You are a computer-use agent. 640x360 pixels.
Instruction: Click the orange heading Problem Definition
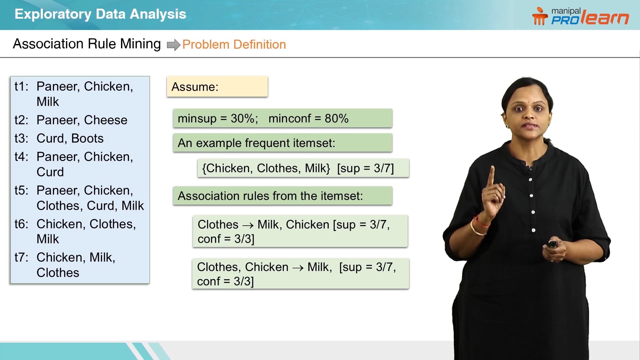click(234, 44)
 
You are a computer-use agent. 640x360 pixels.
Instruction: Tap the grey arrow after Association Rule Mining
click(173, 45)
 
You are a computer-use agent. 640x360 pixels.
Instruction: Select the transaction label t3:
click(21, 138)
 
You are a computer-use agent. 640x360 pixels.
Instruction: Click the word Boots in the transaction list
click(87, 138)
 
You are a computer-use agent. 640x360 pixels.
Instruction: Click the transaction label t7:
click(21, 257)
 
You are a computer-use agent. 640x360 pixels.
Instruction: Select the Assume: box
click(217, 87)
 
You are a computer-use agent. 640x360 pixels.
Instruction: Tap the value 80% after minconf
click(336, 118)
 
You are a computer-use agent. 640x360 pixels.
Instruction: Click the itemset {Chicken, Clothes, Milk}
click(266, 168)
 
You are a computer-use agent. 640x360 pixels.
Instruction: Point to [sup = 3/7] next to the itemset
click(365, 168)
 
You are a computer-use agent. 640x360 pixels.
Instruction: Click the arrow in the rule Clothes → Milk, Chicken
click(248, 225)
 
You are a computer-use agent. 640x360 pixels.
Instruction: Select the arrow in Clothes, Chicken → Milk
click(298, 268)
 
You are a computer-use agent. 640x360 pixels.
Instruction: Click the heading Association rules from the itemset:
click(270, 196)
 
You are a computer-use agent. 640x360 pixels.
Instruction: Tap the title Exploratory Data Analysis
click(100, 14)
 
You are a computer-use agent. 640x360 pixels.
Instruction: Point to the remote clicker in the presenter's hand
click(552, 244)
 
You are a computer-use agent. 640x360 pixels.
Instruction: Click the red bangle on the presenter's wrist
click(481, 222)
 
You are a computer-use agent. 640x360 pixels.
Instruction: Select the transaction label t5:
click(21, 190)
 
